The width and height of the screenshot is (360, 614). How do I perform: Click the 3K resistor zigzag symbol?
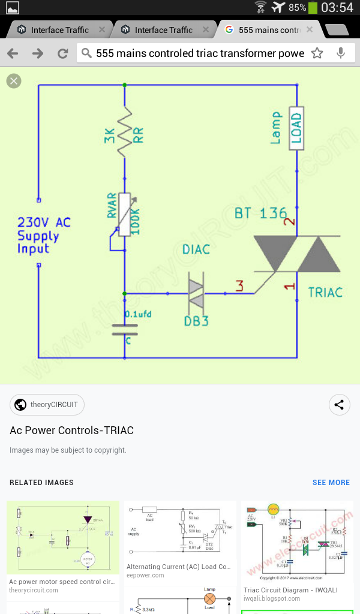pos(124,132)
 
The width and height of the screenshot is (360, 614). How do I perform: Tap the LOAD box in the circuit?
pos(296,128)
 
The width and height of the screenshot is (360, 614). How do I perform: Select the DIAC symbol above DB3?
pos(197,293)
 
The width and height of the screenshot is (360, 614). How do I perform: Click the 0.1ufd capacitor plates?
pos(124,329)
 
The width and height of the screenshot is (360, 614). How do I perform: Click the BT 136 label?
pos(260,213)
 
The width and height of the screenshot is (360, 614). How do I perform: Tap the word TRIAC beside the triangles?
pos(325,292)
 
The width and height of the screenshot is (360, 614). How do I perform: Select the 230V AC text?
pos(44,222)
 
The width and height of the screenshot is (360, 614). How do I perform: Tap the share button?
pos(340,405)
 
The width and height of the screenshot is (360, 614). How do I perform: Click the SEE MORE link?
pos(331,483)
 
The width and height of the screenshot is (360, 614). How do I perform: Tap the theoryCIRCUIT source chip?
pos(47,405)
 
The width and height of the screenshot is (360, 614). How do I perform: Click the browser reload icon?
pos(62,53)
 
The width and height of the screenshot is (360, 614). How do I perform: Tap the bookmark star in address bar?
pos(317,53)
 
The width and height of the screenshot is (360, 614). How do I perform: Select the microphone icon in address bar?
pos(341,53)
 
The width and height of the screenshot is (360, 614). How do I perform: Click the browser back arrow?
pos(12,53)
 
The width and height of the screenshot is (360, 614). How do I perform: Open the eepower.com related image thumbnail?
pos(180,531)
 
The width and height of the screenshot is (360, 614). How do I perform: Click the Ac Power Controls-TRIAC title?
pos(71,431)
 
